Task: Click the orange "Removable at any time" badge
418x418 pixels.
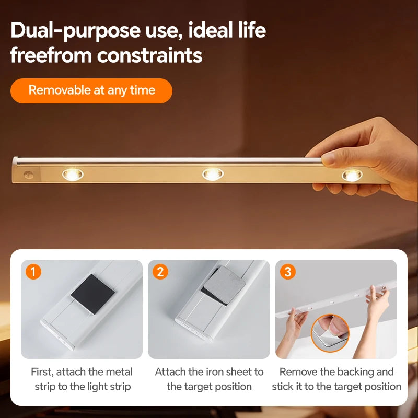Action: (91, 90)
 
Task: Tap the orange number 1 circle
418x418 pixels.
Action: (33, 272)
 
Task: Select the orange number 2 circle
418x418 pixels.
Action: (160, 272)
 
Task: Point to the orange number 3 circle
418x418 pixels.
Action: (288, 272)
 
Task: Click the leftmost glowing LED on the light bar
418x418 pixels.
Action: (73, 175)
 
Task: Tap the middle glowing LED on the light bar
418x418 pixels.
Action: (213, 175)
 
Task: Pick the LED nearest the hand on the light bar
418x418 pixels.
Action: (352, 175)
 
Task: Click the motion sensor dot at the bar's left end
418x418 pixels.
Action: (29, 175)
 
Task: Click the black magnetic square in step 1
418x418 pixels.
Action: (93, 294)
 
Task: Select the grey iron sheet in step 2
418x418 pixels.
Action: (225, 285)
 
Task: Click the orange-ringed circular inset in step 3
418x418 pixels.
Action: (330, 333)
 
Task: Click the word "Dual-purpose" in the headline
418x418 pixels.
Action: (75, 31)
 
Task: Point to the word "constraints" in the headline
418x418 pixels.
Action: (149, 55)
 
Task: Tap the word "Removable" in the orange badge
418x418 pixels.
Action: (60, 90)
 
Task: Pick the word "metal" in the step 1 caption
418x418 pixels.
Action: (119, 372)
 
